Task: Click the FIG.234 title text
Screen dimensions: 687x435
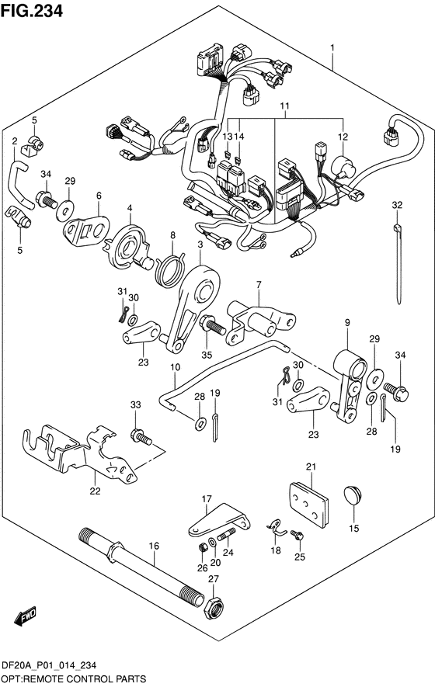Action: [x=32, y=10]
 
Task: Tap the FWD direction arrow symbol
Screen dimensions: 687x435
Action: [x=24, y=616]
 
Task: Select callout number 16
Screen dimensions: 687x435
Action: [x=153, y=546]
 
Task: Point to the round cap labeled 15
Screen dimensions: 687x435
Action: [x=354, y=498]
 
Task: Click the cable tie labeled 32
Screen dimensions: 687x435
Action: [x=398, y=260]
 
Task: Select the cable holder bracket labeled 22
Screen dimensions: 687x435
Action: [x=85, y=454]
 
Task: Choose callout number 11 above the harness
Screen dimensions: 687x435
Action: [x=284, y=105]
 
